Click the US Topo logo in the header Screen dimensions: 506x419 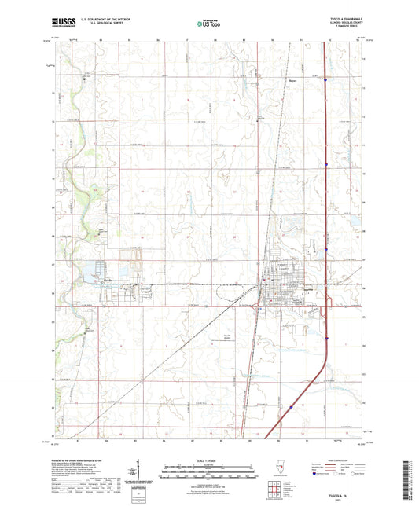tap(208, 24)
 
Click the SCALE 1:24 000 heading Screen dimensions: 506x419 tap(210, 461)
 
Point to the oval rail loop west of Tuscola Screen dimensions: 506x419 tap(189, 283)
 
